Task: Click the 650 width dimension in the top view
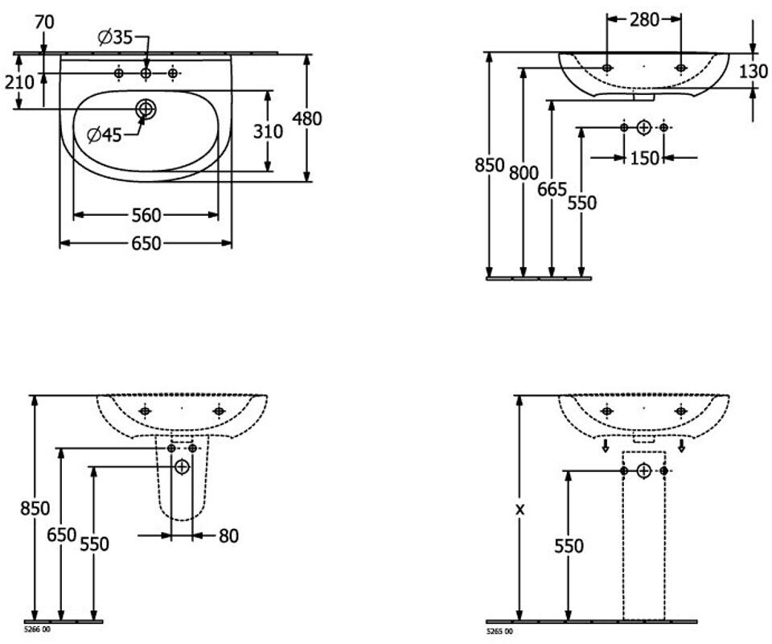click(146, 243)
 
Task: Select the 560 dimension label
click(146, 215)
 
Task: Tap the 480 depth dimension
click(306, 119)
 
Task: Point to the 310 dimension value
click(268, 131)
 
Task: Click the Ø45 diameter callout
click(104, 134)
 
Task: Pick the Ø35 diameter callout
click(116, 38)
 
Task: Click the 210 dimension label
click(19, 82)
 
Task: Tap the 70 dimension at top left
click(44, 23)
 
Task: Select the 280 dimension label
click(644, 19)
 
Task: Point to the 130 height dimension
click(754, 72)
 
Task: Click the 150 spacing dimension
click(644, 158)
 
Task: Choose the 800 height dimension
click(524, 173)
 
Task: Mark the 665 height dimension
click(552, 189)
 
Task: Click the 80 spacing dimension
click(228, 536)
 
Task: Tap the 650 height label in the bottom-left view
click(62, 535)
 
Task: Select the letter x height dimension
click(520, 510)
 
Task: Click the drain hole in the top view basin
click(146, 109)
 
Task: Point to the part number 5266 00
click(37, 630)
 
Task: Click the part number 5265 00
click(499, 631)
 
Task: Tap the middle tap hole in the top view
click(146, 73)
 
